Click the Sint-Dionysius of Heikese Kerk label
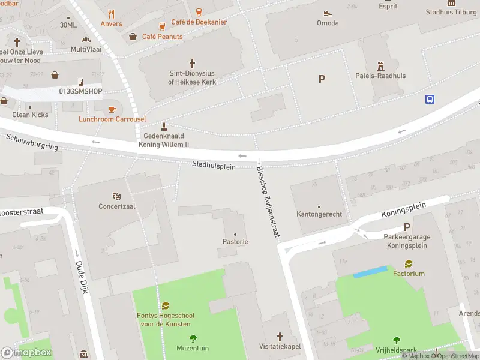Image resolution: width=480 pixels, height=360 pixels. pyautogui.click(x=191, y=77)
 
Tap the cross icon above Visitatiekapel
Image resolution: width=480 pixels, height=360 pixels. pyautogui.click(x=280, y=336)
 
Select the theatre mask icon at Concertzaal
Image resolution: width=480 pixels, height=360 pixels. pyautogui.click(x=117, y=196)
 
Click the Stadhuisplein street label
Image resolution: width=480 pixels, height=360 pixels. pyautogui.click(x=214, y=164)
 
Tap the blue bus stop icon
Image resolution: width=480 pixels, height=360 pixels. pyautogui.click(x=430, y=99)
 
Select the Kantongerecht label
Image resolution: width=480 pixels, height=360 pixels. pyautogui.click(x=319, y=214)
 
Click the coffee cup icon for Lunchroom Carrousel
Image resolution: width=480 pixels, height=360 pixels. pyautogui.click(x=112, y=109)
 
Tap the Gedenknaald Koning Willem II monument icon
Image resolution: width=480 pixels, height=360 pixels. pyautogui.click(x=164, y=127)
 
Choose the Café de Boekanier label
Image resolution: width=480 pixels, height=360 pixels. pyautogui.click(x=199, y=22)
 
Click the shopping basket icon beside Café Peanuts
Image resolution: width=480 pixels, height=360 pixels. pyautogui.click(x=133, y=37)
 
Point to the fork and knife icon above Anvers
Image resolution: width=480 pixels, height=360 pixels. pyautogui.click(x=111, y=14)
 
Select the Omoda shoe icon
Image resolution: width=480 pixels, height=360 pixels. pyautogui.click(x=328, y=13)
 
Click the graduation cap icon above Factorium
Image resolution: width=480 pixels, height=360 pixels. pyautogui.click(x=409, y=263)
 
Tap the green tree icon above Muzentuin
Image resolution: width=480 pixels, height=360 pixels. pyautogui.click(x=193, y=338)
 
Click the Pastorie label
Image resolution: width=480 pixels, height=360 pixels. pyautogui.click(x=235, y=242)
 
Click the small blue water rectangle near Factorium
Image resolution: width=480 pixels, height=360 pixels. pyautogui.click(x=371, y=272)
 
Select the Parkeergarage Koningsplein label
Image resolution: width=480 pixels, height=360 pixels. pyautogui.click(x=407, y=241)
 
